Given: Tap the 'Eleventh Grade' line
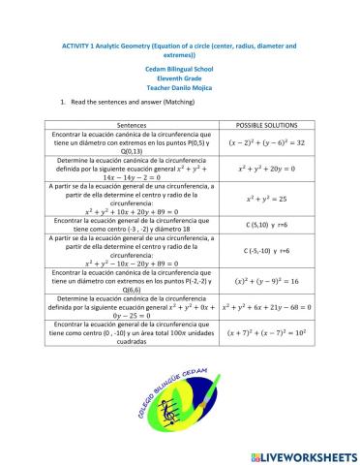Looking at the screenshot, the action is tap(180, 79).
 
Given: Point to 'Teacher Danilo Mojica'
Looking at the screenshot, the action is tap(180, 88).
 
